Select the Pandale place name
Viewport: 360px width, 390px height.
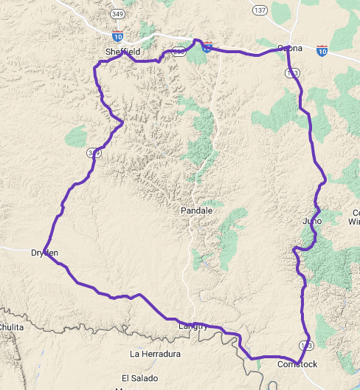(x=196, y=211)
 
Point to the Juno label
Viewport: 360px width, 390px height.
(x=312, y=221)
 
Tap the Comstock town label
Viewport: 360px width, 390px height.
(x=297, y=364)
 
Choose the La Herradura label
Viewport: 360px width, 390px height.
(x=155, y=354)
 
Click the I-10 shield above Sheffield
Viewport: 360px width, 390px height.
(x=118, y=35)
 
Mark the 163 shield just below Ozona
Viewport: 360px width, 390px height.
(x=292, y=72)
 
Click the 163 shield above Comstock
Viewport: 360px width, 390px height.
(x=305, y=346)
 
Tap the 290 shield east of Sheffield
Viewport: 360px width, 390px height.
(x=178, y=52)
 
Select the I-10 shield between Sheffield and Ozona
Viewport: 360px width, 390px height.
(x=207, y=47)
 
